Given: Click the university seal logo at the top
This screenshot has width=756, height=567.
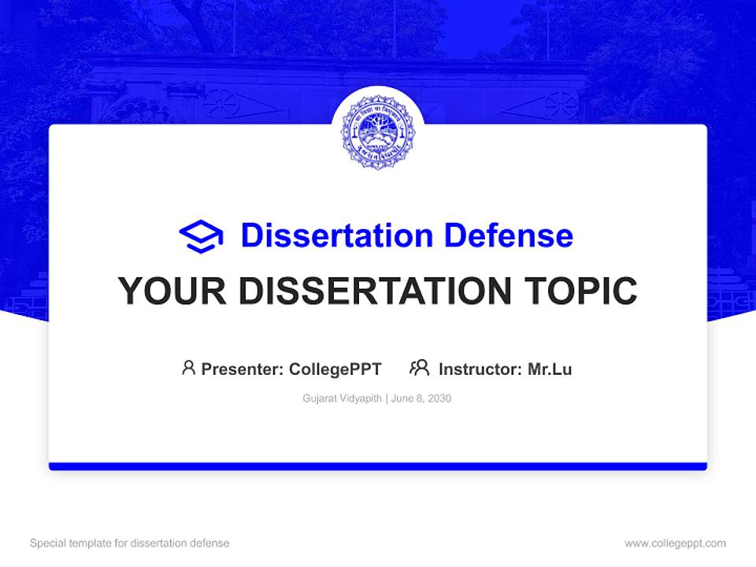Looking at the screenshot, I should pos(378,132).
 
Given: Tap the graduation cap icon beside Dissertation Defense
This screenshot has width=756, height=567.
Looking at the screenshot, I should pos(202,236).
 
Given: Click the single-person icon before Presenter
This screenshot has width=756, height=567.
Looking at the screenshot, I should pos(188,368).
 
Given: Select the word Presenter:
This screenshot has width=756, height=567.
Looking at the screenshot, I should pos(243,369).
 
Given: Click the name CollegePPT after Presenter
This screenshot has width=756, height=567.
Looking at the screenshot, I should pos(335,369).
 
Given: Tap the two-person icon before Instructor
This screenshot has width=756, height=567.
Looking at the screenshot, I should pos(419,368).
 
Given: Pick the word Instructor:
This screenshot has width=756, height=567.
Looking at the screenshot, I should pos(480,369).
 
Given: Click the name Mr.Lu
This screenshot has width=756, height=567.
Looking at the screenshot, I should pos(549,369).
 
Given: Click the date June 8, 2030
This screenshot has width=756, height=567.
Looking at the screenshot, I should pos(421,398).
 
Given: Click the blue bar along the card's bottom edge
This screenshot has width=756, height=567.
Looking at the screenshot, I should pos(378,466).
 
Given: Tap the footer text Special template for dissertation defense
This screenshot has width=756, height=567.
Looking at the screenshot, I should pos(129,543).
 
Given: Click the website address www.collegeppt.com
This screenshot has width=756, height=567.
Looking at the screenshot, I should pos(675,543).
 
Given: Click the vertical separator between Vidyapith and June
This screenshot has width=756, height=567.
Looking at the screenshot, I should pos(387,398).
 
